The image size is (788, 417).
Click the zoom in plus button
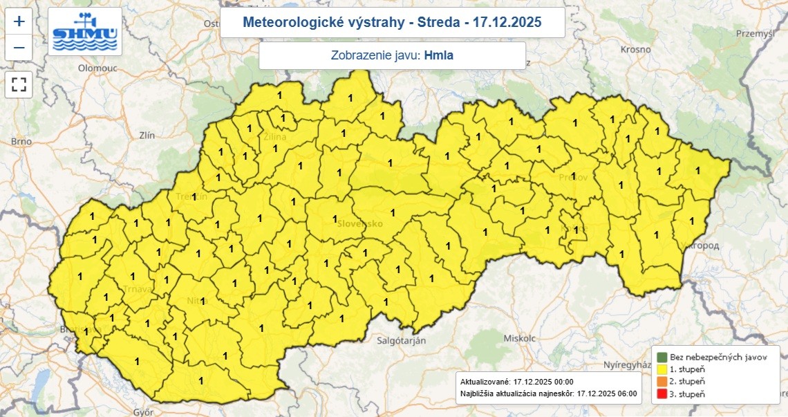pos(19,21)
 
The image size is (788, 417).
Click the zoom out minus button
pos(19,48)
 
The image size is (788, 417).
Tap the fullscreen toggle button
pos(19,84)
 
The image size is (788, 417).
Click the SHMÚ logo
pos(85,33)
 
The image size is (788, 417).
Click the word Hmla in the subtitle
pos(439,55)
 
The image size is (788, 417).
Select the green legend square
pos(662,357)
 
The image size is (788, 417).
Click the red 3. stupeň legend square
pos(662,394)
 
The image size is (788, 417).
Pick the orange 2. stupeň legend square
pos(662,382)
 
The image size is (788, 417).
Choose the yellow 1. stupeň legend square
pos(662,369)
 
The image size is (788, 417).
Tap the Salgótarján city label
pos(401,340)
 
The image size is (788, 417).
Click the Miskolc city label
pos(520,339)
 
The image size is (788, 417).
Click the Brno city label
pos(21,141)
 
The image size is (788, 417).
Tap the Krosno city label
pos(635,50)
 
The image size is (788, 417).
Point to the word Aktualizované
pos(485,382)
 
